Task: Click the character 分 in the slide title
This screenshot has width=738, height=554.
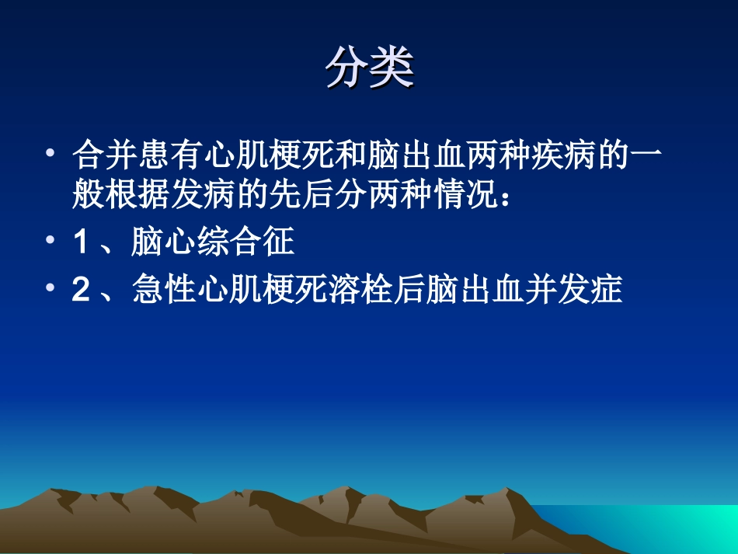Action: (346, 69)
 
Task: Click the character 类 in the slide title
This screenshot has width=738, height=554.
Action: (392, 69)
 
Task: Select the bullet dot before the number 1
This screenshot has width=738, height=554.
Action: (50, 242)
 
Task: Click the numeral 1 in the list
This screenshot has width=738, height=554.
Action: (80, 243)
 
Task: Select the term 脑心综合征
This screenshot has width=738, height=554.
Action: (212, 243)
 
